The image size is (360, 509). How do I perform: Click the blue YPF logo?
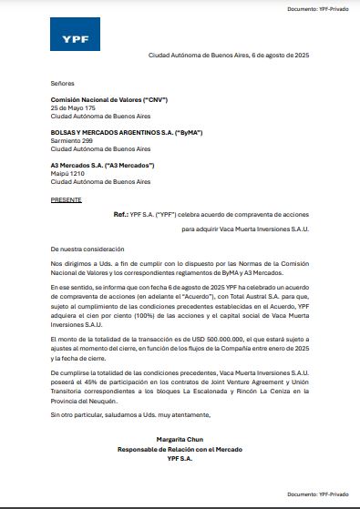point(68,37)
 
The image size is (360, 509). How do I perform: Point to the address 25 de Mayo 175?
point(73,108)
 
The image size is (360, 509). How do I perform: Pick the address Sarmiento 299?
point(72,141)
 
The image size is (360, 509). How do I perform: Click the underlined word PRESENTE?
point(67,199)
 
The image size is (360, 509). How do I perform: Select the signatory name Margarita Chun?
point(180,440)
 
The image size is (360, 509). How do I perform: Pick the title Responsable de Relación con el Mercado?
point(180,449)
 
